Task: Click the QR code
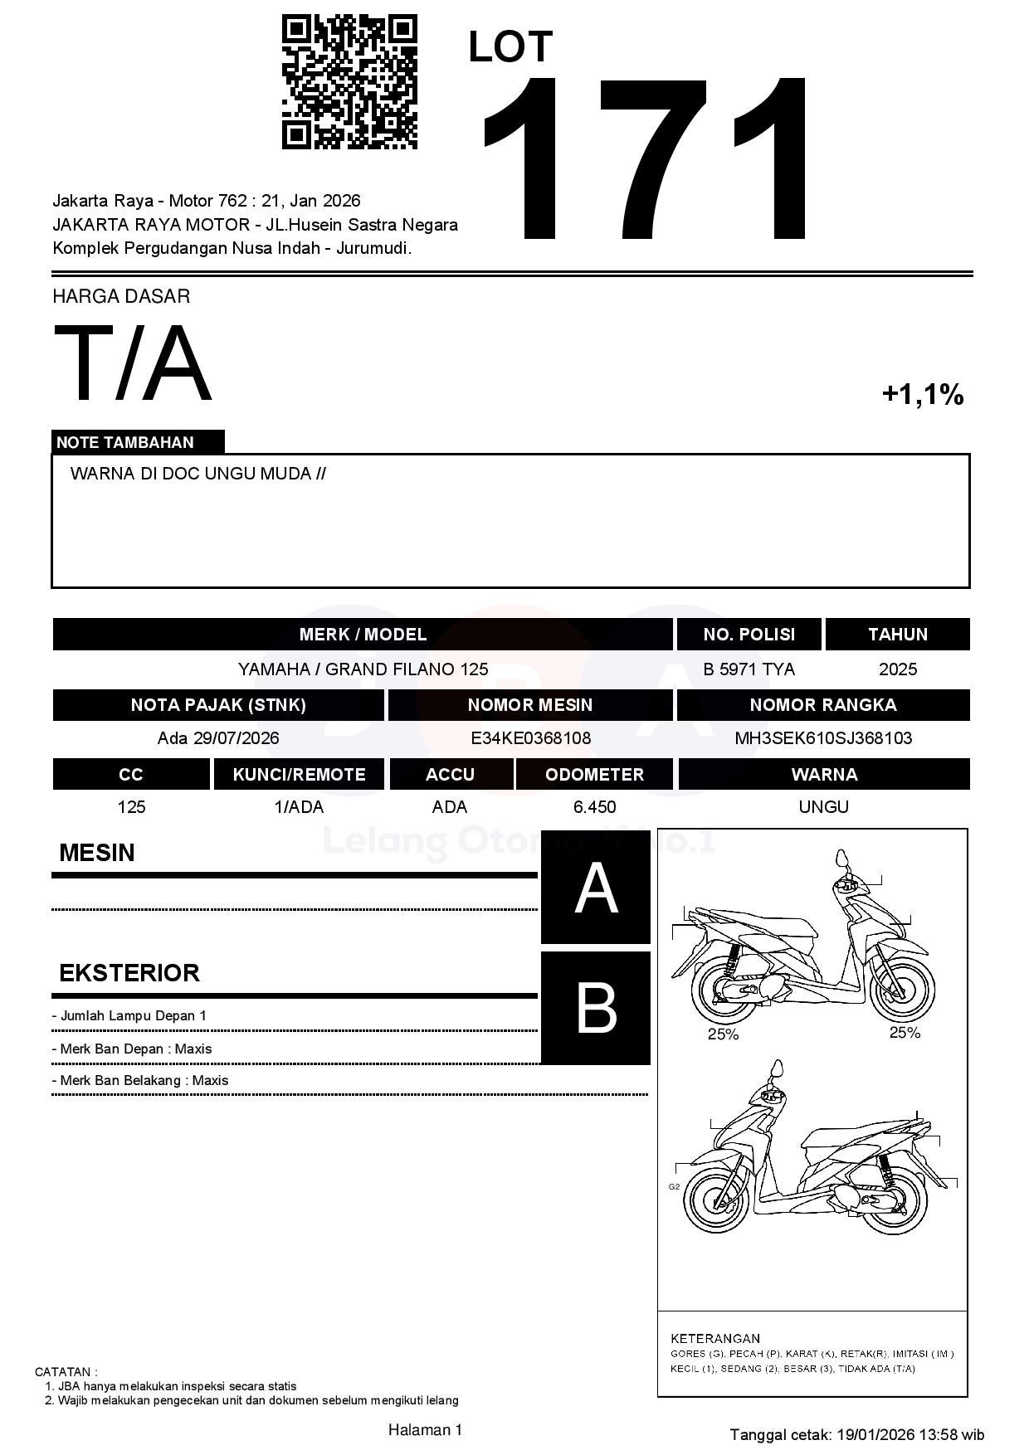coord(349,81)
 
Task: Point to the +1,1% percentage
coord(922,394)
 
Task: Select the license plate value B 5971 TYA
coord(749,669)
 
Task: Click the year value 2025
coord(897,669)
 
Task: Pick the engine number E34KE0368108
coord(530,738)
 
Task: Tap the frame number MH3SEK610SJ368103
coord(823,738)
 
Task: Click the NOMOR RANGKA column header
coord(823,705)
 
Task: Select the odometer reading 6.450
coord(594,807)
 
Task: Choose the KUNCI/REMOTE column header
coord(299,775)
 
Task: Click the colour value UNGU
coord(823,807)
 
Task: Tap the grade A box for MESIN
coord(596,888)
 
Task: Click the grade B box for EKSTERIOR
coord(596,1008)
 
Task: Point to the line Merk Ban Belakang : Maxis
coord(140,1080)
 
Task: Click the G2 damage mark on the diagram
coord(674,1187)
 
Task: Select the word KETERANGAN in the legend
coord(714,1338)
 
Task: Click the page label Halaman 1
coord(425,1429)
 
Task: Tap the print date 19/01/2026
coord(875,1434)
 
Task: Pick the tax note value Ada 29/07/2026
coord(218,738)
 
